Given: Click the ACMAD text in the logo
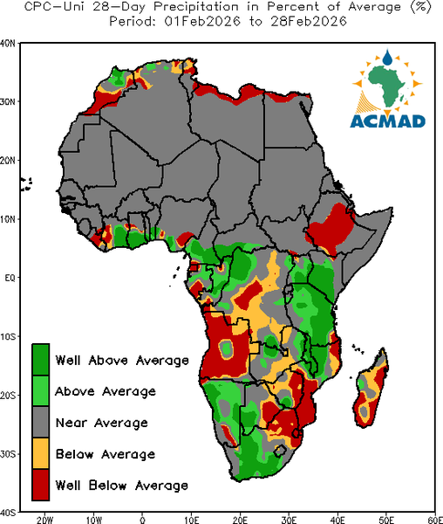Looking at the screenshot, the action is (387, 121).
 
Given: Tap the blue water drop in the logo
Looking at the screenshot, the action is (387, 58).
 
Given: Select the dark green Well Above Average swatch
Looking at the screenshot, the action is (41, 360).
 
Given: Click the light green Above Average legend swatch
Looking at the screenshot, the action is (41, 390).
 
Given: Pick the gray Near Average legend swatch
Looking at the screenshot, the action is (41, 422).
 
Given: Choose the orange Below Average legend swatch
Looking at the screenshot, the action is (41, 453).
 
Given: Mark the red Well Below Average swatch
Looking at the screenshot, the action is (41, 485).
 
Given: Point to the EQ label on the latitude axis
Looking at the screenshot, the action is (10, 278).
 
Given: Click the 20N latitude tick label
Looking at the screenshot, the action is (8, 161).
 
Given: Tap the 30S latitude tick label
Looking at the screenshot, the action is (8, 454).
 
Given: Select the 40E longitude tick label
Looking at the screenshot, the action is (337, 520).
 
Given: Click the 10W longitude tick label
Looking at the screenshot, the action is (93, 520).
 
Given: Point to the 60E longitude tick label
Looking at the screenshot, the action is (435, 520).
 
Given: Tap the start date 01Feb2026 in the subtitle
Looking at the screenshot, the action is (202, 21).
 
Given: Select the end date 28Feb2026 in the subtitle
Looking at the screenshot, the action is (309, 21).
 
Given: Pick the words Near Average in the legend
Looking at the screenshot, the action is (102, 423).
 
